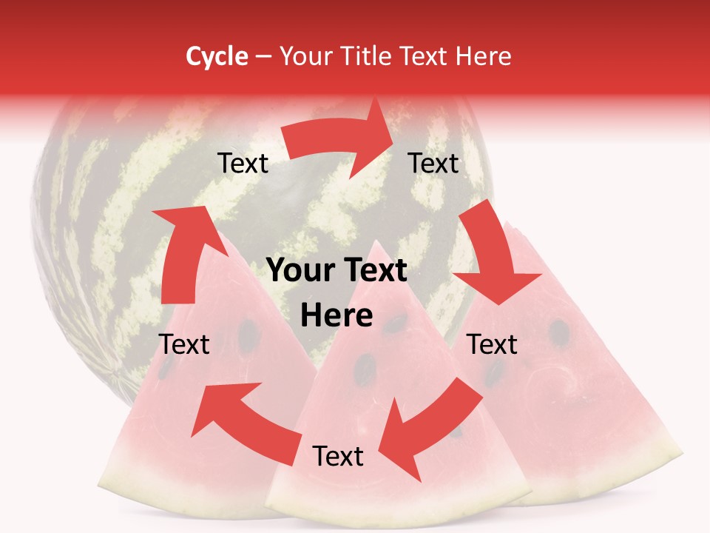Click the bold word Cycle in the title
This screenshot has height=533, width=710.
coord(217,56)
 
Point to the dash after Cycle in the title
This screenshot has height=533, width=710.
coord(263,57)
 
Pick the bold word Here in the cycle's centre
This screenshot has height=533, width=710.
coord(337,316)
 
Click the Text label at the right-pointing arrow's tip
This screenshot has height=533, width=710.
coord(433,163)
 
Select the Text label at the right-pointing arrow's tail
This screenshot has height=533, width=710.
coord(243,164)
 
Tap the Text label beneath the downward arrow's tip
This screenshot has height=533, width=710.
coord(492,344)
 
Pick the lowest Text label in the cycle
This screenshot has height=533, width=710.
coord(338,456)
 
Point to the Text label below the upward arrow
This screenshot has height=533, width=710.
coord(184,344)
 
